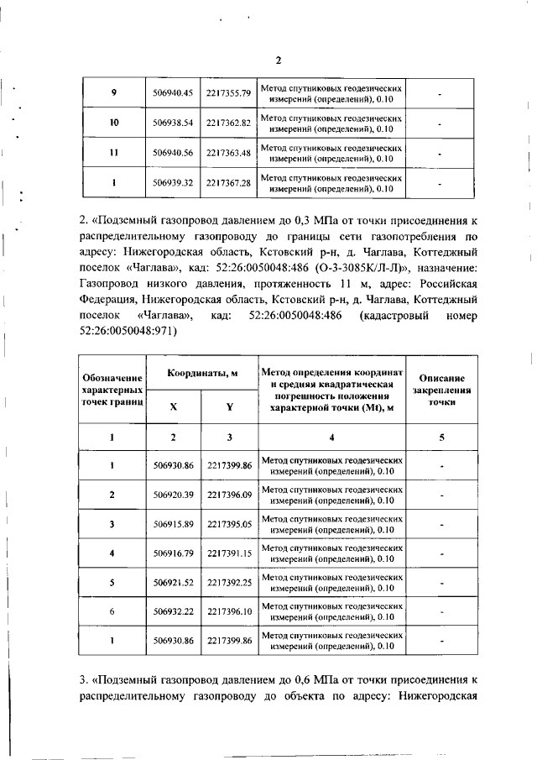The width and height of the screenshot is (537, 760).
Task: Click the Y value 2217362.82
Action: pyautogui.click(x=229, y=123)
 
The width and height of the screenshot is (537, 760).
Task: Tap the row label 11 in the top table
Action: pyautogui.click(x=113, y=153)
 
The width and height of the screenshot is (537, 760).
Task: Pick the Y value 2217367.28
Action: pyautogui.click(x=229, y=183)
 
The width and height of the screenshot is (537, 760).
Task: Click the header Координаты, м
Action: pyautogui.click(x=201, y=374)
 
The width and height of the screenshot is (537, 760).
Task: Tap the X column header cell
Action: pyautogui.click(x=174, y=406)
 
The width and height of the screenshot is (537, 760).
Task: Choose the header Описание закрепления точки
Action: pyautogui.click(x=441, y=391)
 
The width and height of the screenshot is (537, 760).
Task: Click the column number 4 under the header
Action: pyautogui.click(x=332, y=438)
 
